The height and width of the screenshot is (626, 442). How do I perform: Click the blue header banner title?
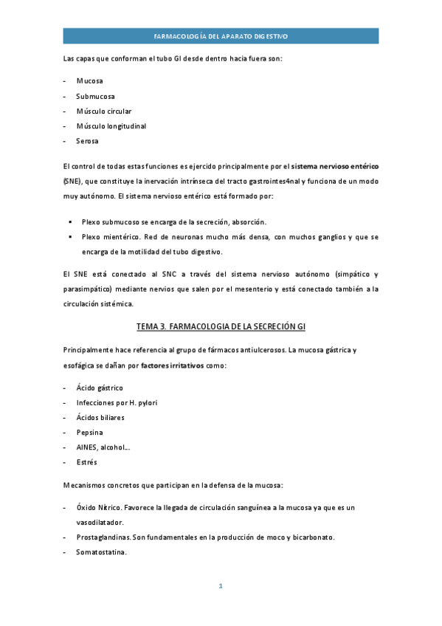[x=221, y=35]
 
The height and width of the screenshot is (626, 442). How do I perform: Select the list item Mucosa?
[x=89, y=80]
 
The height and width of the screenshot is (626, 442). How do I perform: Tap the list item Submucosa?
[x=95, y=96]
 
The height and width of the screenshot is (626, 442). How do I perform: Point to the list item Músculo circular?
[x=103, y=111]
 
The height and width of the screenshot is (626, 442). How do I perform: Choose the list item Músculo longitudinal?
[x=111, y=126]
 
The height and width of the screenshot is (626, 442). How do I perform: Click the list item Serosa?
[x=88, y=141]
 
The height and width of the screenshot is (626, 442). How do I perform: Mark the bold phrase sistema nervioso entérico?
[x=335, y=167]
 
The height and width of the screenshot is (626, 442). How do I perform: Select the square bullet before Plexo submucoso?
[x=71, y=221]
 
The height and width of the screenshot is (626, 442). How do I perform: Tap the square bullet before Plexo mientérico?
[x=71, y=237]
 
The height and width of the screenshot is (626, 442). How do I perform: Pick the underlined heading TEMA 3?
[x=221, y=327]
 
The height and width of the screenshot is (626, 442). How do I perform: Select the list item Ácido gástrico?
[x=100, y=388]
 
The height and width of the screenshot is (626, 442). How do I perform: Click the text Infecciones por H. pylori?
[x=117, y=402]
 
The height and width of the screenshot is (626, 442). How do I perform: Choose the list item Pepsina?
[x=89, y=433]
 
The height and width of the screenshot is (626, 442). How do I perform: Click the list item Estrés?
[x=86, y=462]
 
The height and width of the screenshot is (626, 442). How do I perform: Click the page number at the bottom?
[x=221, y=586]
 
